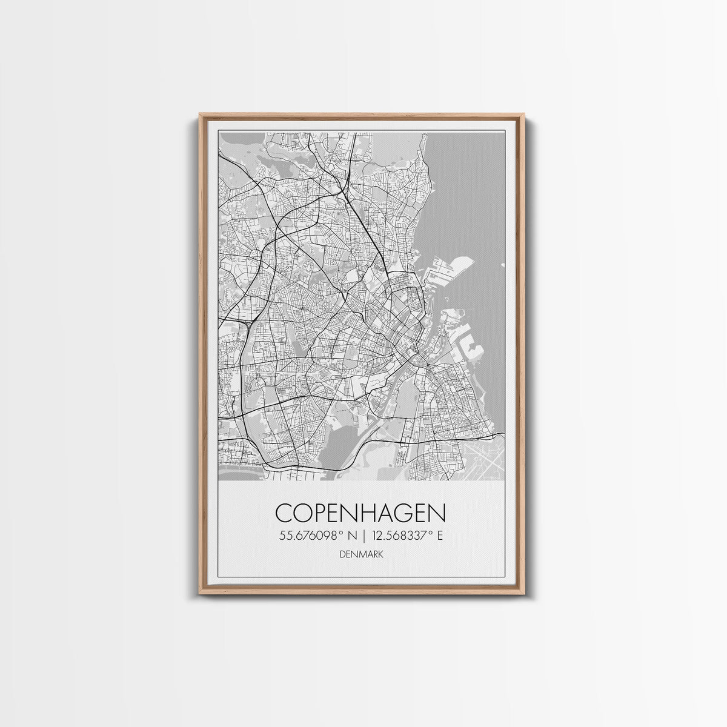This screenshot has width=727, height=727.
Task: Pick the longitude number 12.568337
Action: pyautogui.click(x=403, y=536)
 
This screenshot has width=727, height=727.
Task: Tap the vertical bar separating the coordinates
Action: pyautogui.click(x=363, y=536)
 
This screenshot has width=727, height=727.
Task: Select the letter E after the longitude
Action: pyautogui.click(x=440, y=536)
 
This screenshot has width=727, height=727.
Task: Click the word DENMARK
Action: pyautogui.click(x=360, y=554)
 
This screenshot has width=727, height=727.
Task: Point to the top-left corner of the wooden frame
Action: pyautogui.click(x=200, y=115)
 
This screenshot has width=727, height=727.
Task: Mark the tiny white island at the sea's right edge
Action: pyautogui.click(x=502, y=265)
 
